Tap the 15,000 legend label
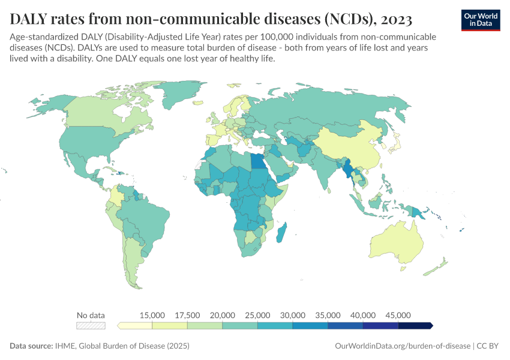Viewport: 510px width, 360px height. click(152, 315)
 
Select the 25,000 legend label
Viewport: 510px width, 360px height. click(257, 315)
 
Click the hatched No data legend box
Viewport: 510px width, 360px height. click(91, 326)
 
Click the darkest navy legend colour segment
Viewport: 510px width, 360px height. click(415, 326)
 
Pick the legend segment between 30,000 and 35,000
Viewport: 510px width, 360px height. click(310, 326)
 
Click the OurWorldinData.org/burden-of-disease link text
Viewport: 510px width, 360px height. click(401, 346)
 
